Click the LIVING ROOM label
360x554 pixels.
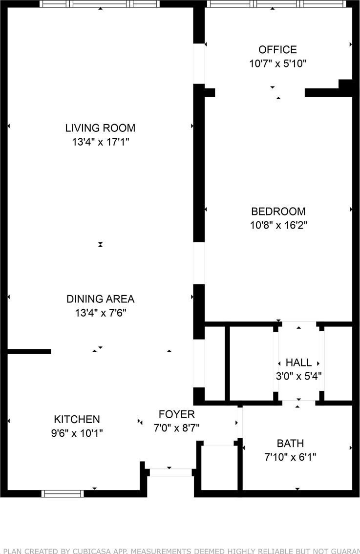100,128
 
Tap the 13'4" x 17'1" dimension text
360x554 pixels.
101,142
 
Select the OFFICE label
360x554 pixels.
277,49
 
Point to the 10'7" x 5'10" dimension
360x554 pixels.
277,64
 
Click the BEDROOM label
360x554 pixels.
278,211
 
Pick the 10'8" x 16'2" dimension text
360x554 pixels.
279,225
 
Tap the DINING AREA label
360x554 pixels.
100,299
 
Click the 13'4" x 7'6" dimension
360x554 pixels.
101,313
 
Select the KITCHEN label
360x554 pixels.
77,419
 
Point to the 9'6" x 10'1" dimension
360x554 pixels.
77,433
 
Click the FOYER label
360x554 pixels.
177,414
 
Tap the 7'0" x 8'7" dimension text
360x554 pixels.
177,428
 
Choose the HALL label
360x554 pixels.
298,362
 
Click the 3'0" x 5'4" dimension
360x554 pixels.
298,376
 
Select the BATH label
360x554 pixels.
291,444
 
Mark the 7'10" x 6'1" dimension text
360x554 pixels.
291,457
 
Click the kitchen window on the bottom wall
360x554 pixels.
63,493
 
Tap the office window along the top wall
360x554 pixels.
276,4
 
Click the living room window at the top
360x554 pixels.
100,4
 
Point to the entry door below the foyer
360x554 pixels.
170,472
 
